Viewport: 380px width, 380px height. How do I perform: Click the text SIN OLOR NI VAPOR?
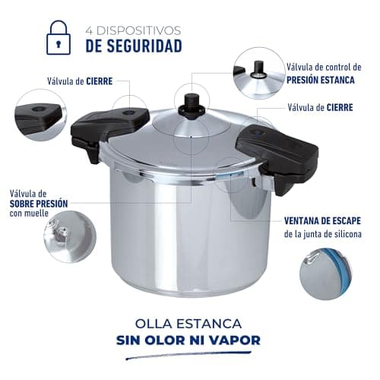pyautogui.click(x=190, y=339)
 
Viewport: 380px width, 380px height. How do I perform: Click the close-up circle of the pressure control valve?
pyautogui.click(x=258, y=72)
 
